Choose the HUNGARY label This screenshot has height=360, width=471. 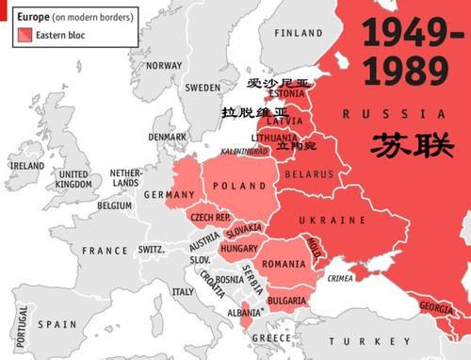[x=238, y=248]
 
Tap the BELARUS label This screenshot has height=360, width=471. [x=310, y=175]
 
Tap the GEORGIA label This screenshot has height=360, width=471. [x=439, y=307]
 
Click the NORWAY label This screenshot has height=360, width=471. [x=163, y=65]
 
